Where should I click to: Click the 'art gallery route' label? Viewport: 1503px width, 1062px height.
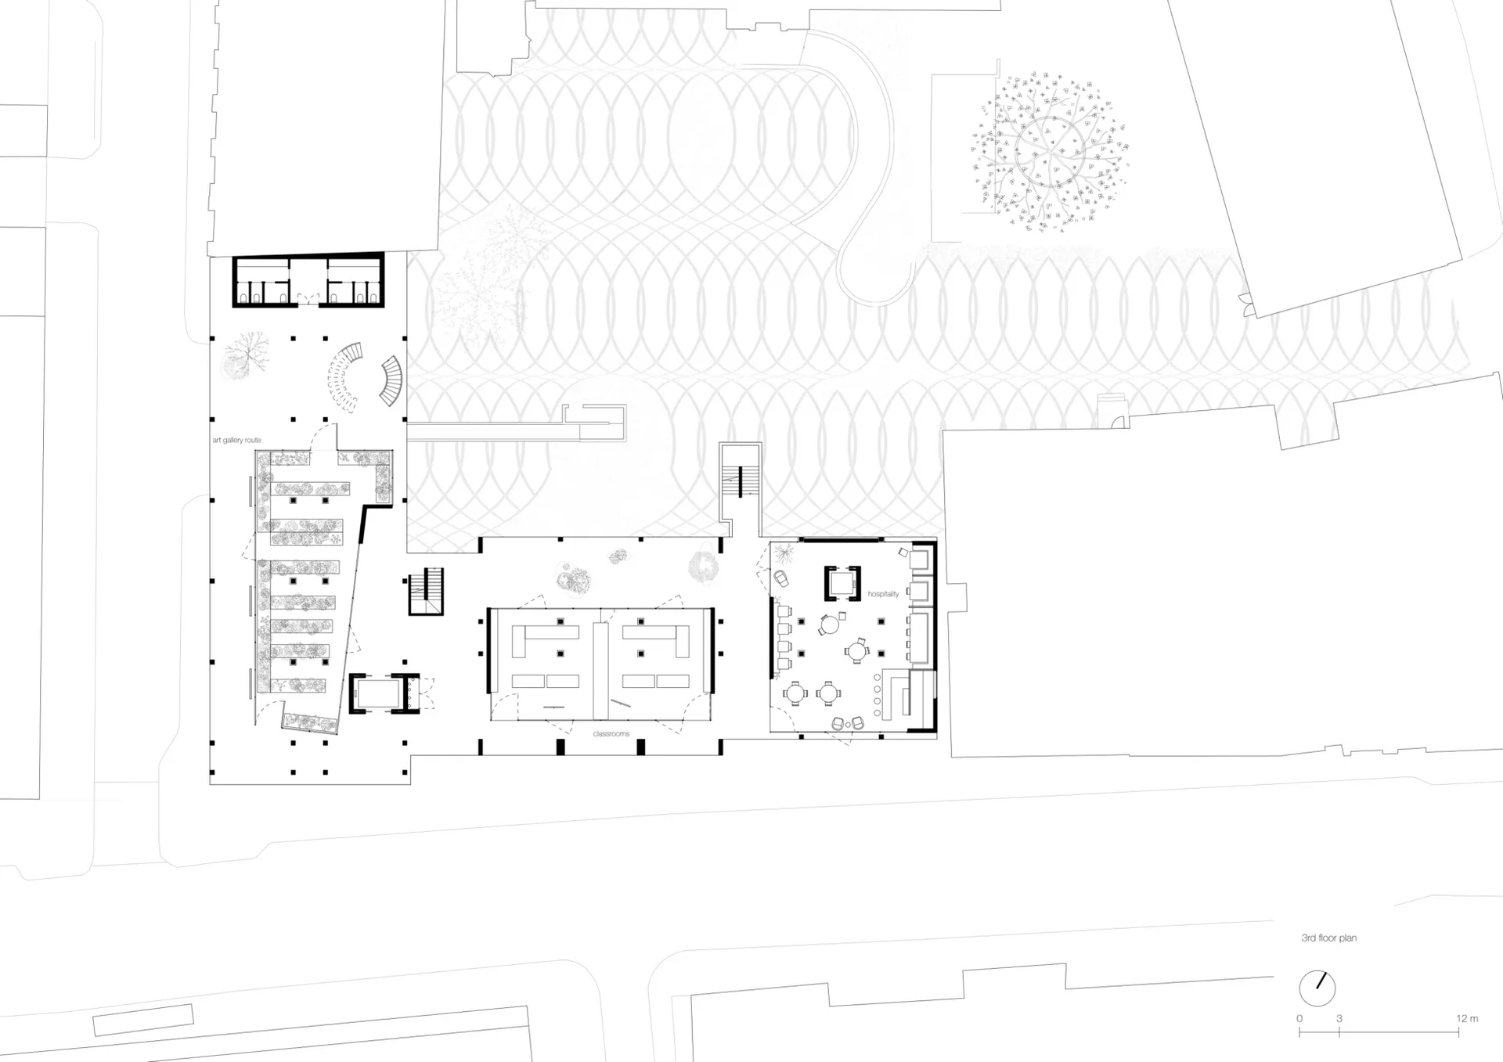[236, 441]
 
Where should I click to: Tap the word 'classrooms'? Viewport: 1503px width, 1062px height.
[611, 734]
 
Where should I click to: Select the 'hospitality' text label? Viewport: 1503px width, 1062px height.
[883, 595]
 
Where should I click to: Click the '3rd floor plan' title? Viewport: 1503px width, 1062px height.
[1328, 938]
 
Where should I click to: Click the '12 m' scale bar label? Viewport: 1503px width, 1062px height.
[1467, 1018]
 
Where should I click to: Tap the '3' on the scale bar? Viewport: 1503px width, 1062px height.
[1339, 1018]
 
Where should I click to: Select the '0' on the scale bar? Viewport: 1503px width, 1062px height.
[1299, 1018]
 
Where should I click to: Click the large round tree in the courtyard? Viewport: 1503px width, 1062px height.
[1050, 152]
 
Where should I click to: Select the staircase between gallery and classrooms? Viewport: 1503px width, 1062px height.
[426, 591]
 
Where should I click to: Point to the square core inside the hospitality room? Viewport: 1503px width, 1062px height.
[842, 583]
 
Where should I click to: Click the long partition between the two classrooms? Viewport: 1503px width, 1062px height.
[600, 671]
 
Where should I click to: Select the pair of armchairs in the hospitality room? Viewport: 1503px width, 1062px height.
[848, 723]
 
